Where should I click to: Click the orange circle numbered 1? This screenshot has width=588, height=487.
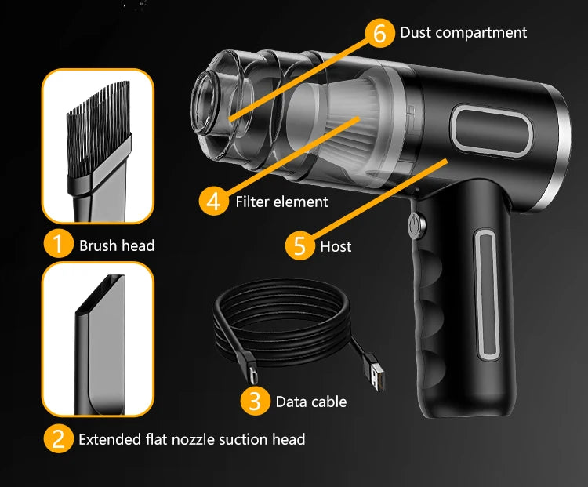coord(57,245)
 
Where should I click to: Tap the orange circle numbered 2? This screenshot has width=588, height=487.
coord(57,438)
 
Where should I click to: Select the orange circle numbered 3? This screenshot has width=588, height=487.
coord(254,401)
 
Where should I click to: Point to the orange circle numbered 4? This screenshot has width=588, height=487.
coord(213,201)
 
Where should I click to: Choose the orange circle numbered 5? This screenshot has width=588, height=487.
coord(298,245)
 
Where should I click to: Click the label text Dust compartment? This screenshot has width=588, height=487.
coord(463,32)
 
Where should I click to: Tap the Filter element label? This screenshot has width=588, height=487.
coord(281,202)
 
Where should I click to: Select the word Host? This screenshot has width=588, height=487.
coord(336,246)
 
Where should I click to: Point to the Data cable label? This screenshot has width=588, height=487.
coord(310,402)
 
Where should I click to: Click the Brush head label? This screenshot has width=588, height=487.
coord(117,245)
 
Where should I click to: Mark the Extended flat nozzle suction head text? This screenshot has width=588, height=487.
coord(191,439)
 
